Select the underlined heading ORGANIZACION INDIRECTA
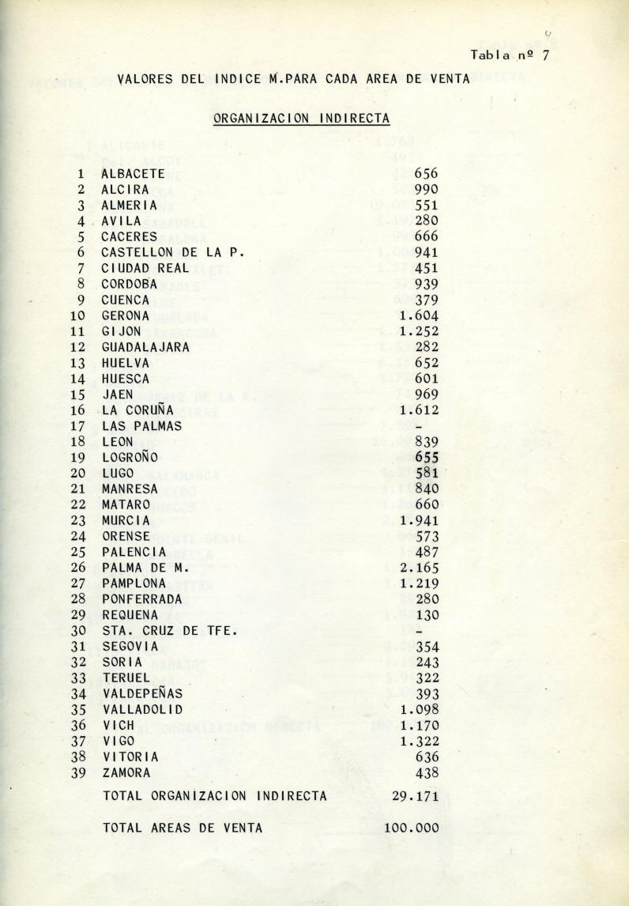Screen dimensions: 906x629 click(x=301, y=119)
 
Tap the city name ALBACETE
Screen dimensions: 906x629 click(x=133, y=174)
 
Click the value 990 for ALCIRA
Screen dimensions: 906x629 click(x=426, y=190)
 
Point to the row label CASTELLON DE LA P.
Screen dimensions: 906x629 click(x=173, y=253)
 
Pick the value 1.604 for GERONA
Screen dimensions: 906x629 click(x=419, y=316)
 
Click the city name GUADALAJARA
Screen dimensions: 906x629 click(x=145, y=347)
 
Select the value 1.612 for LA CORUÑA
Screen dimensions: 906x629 click(x=419, y=410)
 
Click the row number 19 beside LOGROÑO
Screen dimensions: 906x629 click(x=77, y=458)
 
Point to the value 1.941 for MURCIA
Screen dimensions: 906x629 click(x=419, y=521)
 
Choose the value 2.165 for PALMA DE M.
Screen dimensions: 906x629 click(x=419, y=568)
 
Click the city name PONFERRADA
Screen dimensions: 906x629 click(x=141, y=599)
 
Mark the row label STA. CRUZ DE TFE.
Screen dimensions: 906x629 click(x=169, y=631)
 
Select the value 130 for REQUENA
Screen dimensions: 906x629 click(x=426, y=615)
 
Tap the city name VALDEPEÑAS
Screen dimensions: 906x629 click(x=141, y=694)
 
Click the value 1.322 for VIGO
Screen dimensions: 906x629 click(x=419, y=742)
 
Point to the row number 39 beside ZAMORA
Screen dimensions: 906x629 click(x=77, y=773)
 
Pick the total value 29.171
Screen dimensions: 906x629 click(x=415, y=797)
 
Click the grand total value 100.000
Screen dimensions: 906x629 click(x=411, y=829)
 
